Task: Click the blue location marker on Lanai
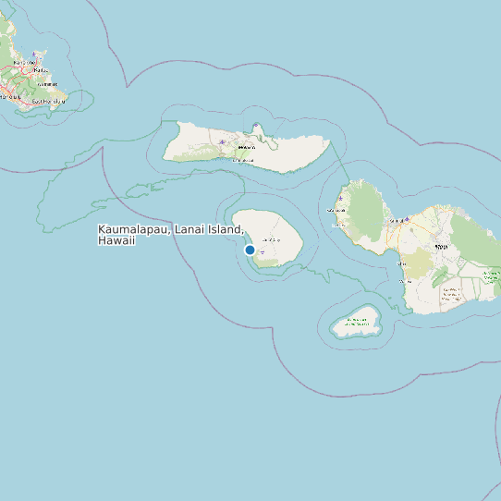250,250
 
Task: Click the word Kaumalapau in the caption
132,229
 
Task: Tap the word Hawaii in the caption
116,240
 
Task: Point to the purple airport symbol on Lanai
263,251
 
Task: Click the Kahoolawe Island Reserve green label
356,323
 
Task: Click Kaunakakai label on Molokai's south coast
242,160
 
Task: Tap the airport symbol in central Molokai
222,142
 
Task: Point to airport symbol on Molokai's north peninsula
255,127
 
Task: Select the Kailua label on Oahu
41,69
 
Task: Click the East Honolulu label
46,101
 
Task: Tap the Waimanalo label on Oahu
48,84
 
